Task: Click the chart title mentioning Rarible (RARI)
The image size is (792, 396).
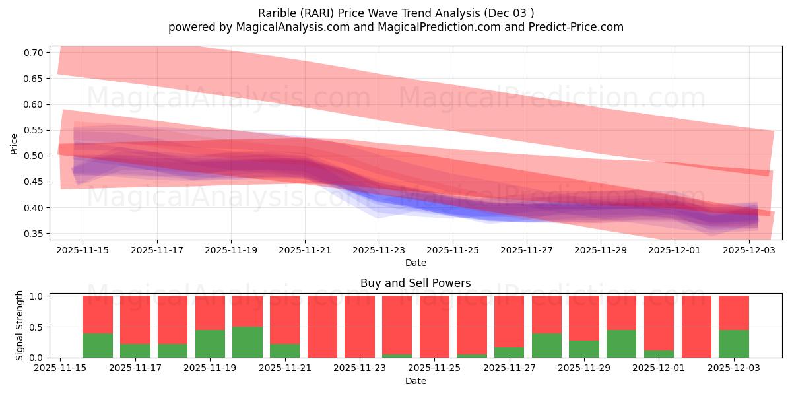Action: (x=395, y=13)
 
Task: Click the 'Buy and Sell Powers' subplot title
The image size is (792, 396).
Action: (x=415, y=283)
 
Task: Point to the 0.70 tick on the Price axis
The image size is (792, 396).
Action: (x=34, y=53)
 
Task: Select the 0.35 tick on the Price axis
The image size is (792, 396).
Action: (x=34, y=234)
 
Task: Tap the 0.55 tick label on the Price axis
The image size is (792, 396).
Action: (x=34, y=130)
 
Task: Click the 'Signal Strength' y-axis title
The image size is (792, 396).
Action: (x=20, y=325)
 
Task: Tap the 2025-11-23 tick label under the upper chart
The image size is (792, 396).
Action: (x=379, y=250)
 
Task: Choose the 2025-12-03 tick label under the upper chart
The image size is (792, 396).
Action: (x=749, y=250)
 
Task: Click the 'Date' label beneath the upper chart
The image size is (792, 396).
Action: (x=415, y=263)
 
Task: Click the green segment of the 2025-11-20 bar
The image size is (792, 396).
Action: (x=247, y=342)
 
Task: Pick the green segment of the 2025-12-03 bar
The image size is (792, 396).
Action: (x=733, y=343)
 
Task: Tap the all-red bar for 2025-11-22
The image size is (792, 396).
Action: (x=322, y=327)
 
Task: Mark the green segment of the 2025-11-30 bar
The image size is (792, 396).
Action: (x=621, y=343)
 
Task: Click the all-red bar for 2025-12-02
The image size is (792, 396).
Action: (x=696, y=327)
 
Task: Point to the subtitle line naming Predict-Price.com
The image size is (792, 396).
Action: (x=395, y=27)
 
